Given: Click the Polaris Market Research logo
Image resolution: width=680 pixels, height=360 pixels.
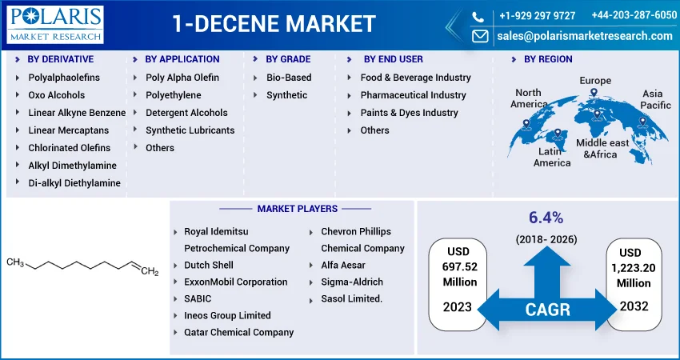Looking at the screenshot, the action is (x=55, y=25).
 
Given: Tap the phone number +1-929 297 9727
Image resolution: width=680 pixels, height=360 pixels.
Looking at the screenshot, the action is (x=538, y=16).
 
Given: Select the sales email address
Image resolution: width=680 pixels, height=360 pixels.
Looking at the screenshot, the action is (x=585, y=36).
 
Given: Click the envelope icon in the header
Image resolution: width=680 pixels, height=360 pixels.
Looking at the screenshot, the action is (x=480, y=36).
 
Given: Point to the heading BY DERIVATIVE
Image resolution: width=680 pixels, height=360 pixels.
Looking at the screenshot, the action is (x=61, y=59).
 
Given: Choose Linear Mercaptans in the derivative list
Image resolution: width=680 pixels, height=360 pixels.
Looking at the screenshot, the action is (x=69, y=130).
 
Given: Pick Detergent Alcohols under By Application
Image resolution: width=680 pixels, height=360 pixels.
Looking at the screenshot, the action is (x=186, y=113).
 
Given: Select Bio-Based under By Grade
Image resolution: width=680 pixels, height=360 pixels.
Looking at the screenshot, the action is (x=289, y=78).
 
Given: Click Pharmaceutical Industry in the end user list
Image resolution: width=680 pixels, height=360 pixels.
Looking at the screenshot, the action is (x=414, y=95).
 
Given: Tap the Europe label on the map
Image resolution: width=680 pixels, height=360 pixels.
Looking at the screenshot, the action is (x=595, y=81).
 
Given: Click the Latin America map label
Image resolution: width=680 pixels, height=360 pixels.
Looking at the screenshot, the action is (x=552, y=157).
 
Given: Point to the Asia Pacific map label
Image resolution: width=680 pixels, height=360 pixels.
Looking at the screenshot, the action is (x=655, y=99).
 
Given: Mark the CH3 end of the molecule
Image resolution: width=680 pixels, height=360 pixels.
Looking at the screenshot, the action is (x=15, y=262).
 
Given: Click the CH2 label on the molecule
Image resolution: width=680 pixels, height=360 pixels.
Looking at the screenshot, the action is (x=150, y=272).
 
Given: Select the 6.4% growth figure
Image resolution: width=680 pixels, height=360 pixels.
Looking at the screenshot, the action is (x=546, y=218).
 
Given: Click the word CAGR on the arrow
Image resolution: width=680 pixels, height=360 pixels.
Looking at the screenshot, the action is (x=547, y=310).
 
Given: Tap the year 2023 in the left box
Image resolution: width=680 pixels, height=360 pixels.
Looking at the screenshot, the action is (x=457, y=307).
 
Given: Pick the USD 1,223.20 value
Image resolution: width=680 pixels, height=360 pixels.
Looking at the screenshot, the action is (x=634, y=268).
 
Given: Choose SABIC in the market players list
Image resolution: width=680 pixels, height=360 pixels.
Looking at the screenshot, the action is (x=198, y=299).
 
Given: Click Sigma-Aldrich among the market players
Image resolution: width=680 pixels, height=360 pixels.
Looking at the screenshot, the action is (x=352, y=282).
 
